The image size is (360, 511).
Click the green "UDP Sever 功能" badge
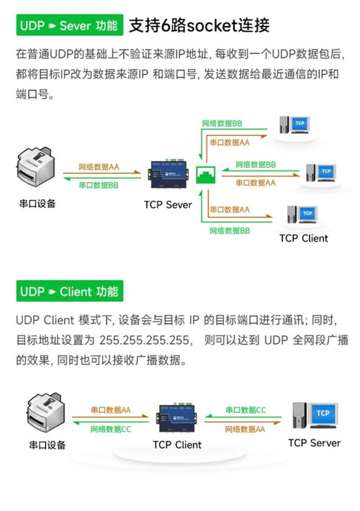(68, 26)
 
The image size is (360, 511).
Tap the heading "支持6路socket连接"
(199, 26)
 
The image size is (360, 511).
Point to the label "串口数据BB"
(99, 185)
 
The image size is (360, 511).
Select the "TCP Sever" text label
(168, 205)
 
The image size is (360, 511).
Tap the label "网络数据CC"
(111, 429)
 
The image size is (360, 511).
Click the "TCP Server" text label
(314, 443)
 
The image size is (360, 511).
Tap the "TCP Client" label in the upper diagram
(303, 238)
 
